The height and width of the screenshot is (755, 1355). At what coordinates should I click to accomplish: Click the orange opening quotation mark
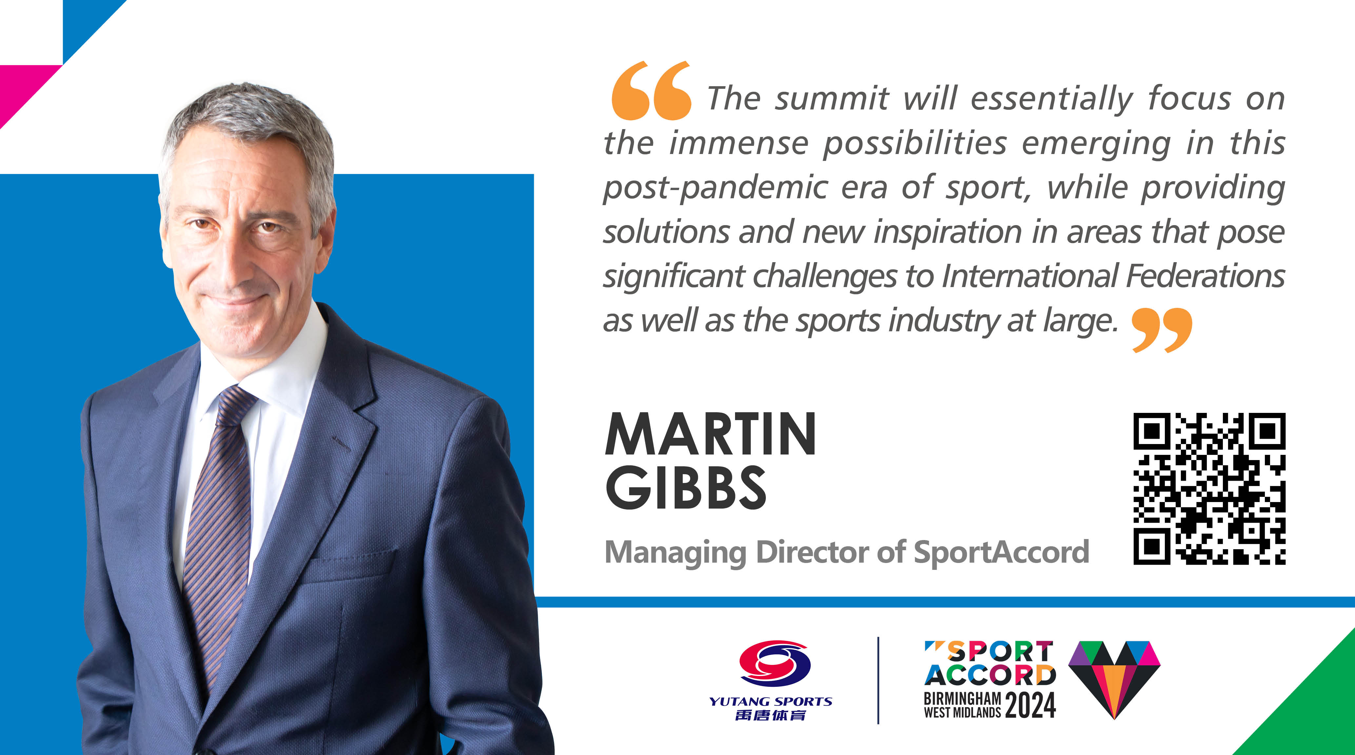tap(651, 90)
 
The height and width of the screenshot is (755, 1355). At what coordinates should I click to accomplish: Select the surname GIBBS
tap(686, 487)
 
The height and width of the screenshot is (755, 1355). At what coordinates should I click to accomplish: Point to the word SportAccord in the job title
tap(1002, 552)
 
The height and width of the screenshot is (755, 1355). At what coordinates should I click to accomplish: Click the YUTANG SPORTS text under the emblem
tap(770, 701)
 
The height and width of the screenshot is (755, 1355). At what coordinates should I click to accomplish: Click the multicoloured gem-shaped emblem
tap(1114, 679)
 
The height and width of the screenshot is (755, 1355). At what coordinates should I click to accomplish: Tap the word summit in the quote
tap(832, 98)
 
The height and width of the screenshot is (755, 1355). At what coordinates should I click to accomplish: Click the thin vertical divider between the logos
tap(878, 680)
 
